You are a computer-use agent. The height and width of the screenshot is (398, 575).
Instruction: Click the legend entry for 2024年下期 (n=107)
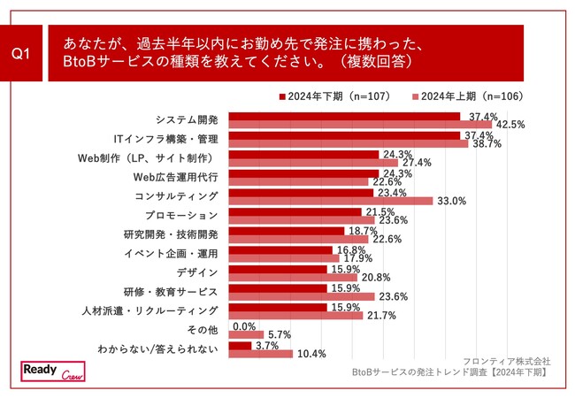coord(334,96)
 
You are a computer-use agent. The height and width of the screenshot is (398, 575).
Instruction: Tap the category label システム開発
coord(186,119)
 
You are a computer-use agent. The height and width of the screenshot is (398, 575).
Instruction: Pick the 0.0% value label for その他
coord(243,325)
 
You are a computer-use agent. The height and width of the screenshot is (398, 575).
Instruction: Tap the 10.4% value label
coord(312,354)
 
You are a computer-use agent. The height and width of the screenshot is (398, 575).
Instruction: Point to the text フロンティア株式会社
coord(506,361)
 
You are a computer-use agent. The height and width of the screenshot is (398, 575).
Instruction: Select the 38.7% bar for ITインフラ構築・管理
coord(348,143)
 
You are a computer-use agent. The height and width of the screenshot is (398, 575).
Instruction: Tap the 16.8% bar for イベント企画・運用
coord(280,250)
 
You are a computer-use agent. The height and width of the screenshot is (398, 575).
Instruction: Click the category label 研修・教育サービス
coord(170,291)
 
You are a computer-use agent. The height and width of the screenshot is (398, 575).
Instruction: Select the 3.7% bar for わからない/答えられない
coord(240,345)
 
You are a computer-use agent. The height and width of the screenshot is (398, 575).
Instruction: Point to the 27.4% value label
coord(416,163)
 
